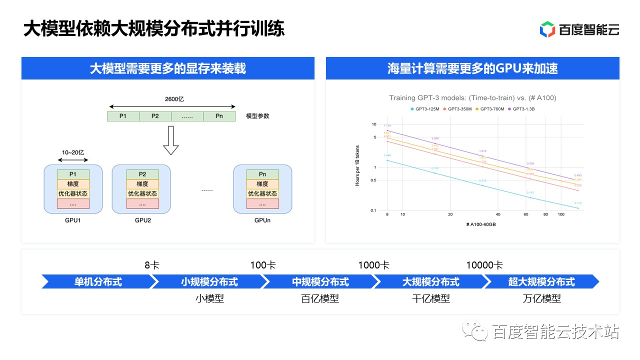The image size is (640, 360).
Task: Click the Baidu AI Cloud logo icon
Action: point(547,29)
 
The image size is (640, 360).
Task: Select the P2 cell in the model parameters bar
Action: point(155,116)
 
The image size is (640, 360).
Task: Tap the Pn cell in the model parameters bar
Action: point(219,116)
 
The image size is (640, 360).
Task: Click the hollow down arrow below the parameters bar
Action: point(171,140)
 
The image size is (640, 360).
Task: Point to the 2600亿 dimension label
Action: point(174,99)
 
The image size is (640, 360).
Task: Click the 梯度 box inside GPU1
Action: point(73,184)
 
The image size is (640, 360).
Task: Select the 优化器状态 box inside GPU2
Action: point(142,193)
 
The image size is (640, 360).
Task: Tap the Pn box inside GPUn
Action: point(262,174)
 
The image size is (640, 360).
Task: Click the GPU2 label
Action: point(142,220)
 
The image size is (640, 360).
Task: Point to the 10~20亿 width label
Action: point(73,151)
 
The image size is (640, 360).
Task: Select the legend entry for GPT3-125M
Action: point(426,109)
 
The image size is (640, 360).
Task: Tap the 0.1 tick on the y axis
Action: point(373,210)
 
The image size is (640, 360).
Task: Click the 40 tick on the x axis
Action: point(497,214)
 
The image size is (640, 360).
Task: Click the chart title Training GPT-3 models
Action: point(472,98)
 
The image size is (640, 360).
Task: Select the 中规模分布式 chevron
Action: point(320,282)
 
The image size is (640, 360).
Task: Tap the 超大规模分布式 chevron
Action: point(541,282)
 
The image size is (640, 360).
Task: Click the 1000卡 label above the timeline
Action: point(373,265)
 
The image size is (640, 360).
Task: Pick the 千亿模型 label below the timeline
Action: point(431,298)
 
